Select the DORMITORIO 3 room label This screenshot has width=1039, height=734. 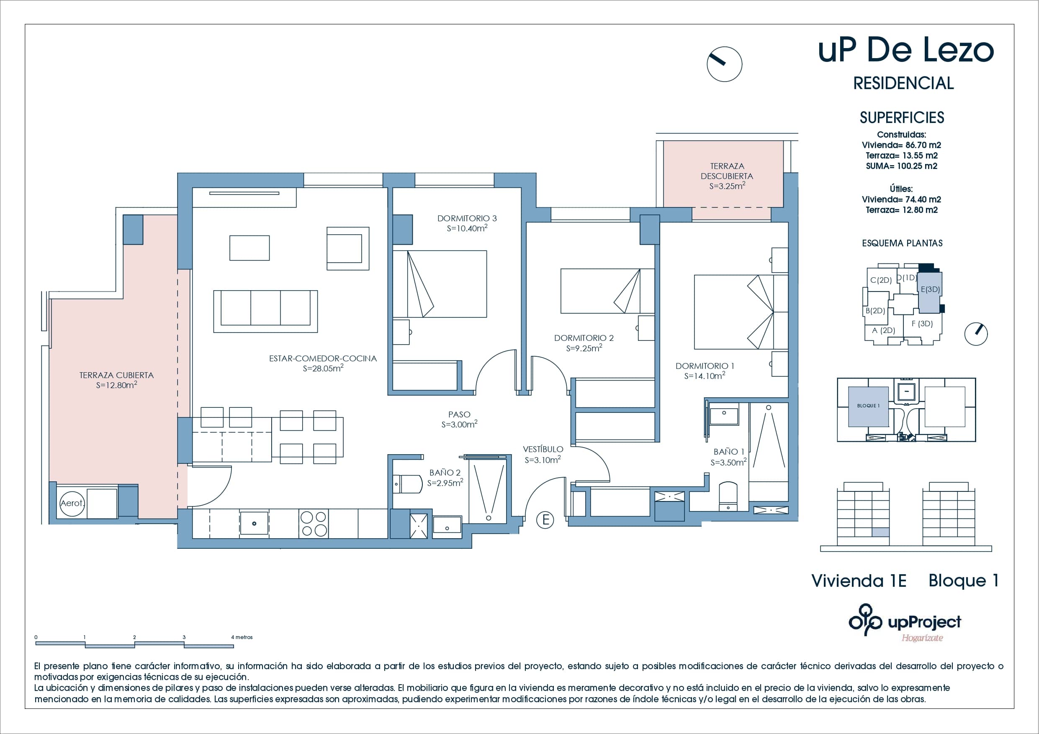click(x=467, y=218)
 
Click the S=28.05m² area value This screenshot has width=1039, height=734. click(x=323, y=368)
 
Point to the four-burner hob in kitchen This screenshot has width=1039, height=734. click(x=314, y=523)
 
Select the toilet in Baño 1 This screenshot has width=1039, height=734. click(x=728, y=496)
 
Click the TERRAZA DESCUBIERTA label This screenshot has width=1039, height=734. click(x=727, y=171)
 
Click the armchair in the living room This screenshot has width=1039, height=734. click(x=347, y=248)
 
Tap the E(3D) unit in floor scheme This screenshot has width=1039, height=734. click(x=930, y=290)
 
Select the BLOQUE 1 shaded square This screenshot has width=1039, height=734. click(x=868, y=406)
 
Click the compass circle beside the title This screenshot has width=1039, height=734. click(x=724, y=64)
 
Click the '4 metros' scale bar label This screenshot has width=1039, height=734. click(x=242, y=637)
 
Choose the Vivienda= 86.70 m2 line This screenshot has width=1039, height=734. click(x=901, y=145)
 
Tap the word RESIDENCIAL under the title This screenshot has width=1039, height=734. click(x=903, y=83)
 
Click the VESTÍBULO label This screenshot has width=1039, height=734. click(x=543, y=449)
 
